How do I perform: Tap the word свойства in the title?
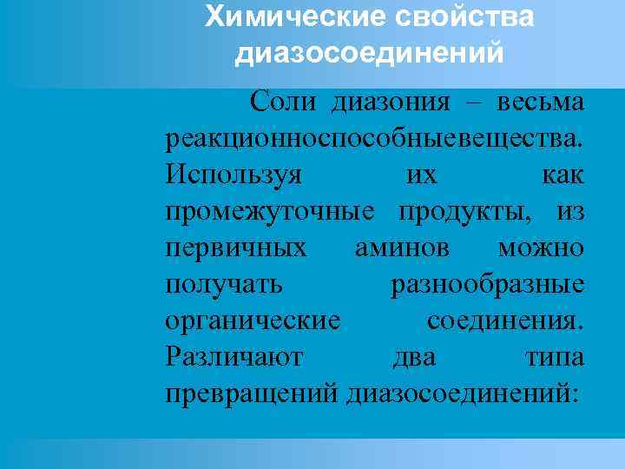tap(470, 17)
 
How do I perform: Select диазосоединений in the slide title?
tap(369, 54)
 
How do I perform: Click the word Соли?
tap(280, 103)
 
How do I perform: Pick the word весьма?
tap(540, 103)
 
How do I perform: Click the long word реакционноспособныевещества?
tap(374, 139)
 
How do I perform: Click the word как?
tap(562, 175)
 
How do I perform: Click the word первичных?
tap(236, 248)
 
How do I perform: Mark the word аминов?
tap(403, 248)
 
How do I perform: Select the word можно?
tap(541, 248)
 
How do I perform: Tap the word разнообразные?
tap(488, 285)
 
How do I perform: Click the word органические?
tap(252, 321)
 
